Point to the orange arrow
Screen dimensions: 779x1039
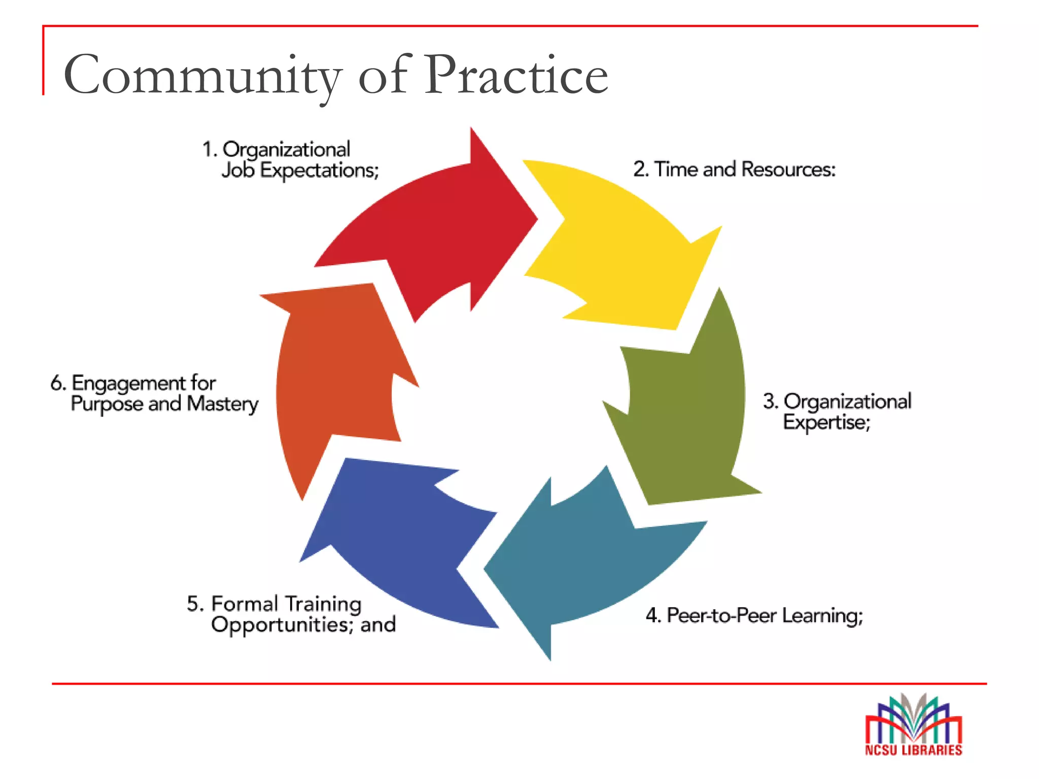pos(335,375)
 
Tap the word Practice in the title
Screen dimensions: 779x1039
pos(516,76)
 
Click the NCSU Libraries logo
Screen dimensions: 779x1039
pos(913,725)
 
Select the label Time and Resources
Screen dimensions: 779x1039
pos(734,169)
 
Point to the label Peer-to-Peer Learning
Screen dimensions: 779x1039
pos(754,616)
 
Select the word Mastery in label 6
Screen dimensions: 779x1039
pos(223,404)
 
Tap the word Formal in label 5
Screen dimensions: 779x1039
pos(245,604)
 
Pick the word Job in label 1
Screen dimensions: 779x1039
pos(237,170)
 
